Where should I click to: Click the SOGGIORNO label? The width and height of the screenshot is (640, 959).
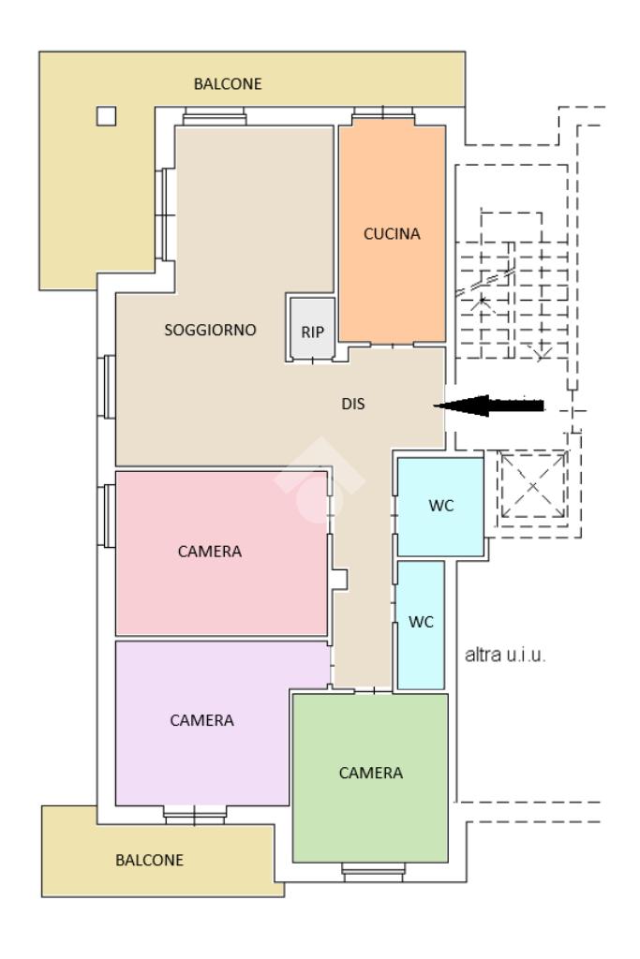(x=210, y=331)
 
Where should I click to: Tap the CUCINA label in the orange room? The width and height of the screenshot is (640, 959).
(x=392, y=233)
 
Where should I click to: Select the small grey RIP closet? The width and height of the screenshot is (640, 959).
(x=312, y=329)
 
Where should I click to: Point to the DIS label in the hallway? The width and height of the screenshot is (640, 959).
(x=353, y=404)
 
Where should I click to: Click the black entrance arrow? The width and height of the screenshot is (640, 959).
(x=488, y=406)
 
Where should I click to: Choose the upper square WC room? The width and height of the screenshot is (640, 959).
(x=440, y=507)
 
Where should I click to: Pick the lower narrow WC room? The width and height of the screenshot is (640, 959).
(x=421, y=625)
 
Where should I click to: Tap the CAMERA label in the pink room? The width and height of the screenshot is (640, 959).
(x=209, y=552)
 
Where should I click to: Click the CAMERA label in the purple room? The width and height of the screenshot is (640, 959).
(x=201, y=720)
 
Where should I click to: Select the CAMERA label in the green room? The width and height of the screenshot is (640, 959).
(x=371, y=773)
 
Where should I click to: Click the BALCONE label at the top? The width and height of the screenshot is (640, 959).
(x=228, y=83)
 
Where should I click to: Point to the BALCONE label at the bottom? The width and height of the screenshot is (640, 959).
(x=149, y=860)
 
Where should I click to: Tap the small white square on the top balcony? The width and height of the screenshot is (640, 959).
(x=107, y=115)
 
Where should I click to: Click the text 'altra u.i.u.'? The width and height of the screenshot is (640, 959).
(x=505, y=655)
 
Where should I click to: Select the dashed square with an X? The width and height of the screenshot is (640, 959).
(x=532, y=486)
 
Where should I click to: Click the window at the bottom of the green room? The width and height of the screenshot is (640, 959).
(x=373, y=872)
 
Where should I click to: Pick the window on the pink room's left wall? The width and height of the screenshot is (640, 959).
(x=107, y=516)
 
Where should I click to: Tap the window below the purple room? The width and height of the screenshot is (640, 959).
(x=195, y=815)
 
